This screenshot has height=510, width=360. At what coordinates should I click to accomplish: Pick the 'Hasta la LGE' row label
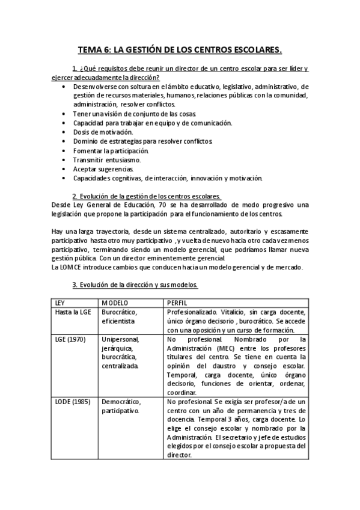point(72,312)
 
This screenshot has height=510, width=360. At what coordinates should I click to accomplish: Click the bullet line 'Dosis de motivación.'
point(103,132)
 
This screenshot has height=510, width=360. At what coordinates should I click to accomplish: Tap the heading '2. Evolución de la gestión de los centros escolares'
point(146,196)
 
